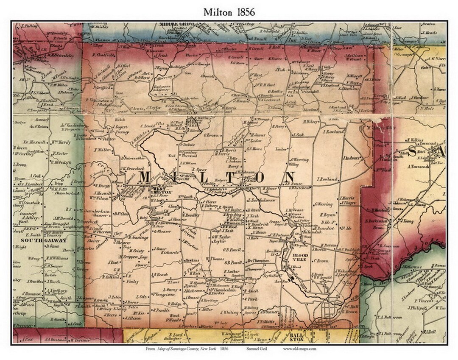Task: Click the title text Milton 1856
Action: [x=229, y=12]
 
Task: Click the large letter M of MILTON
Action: [x=148, y=179]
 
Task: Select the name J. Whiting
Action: [x=229, y=312]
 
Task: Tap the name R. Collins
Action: [x=113, y=277]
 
